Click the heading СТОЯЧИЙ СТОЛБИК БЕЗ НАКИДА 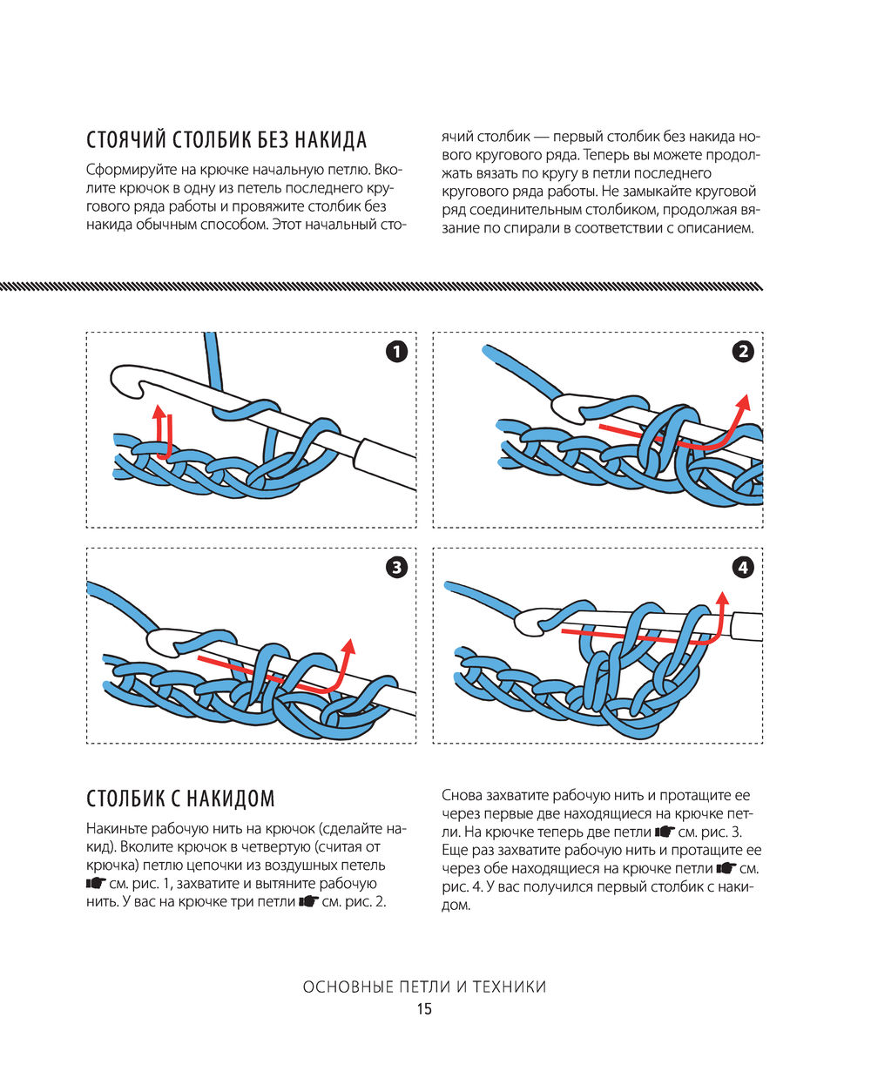click(226, 140)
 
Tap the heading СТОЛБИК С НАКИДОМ click(180, 798)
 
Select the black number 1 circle click(396, 352)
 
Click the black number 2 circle click(743, 352)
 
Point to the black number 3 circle click(396, 568)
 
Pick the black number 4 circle click(743, 568)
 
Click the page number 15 click(424, 1010)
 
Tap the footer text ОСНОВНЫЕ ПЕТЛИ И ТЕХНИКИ click(424, 987)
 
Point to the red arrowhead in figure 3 click(348, 646)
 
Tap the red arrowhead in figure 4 click(722, 598)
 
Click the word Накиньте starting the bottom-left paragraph click(116, 828)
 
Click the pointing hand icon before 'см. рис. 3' click(665, 832)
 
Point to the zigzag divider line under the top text click(381, 286)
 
